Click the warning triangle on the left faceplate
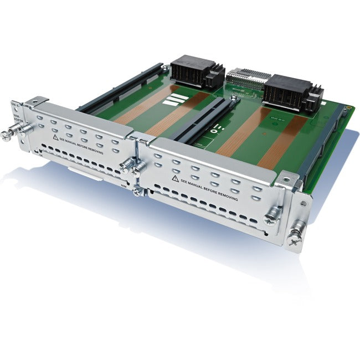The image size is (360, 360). tap(56, 135)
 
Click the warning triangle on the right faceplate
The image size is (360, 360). tap(176, 178)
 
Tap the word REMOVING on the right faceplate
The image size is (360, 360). tap(226, 196)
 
